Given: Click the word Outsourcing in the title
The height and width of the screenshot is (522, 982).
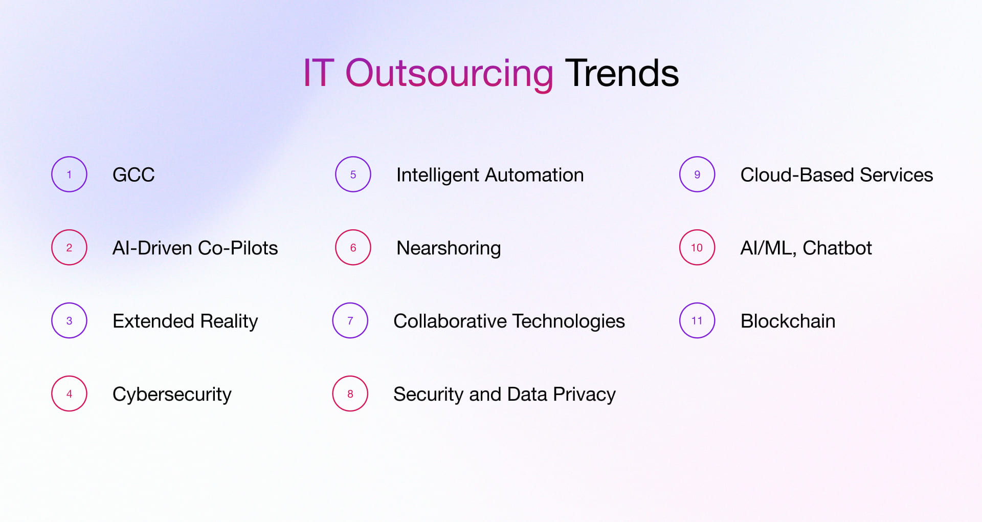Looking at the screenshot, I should [x=449, y=73].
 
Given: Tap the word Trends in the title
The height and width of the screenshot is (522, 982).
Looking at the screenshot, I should [x=621, y=73].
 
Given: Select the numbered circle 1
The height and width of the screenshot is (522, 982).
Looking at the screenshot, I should [x=69, y=175].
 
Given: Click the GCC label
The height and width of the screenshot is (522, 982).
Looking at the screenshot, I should [x=133, y=175].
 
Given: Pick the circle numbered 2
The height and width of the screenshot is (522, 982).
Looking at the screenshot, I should [x=69, y=248].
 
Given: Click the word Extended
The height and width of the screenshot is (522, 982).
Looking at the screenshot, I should [x=153, y=321].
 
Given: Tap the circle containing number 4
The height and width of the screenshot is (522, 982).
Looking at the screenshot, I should [x=69, y=394].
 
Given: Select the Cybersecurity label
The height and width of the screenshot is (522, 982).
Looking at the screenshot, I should [x=172, y=395].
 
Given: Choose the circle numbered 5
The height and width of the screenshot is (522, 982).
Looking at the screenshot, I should [x=353, y=175].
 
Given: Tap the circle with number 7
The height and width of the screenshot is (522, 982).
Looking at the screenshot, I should [x=350, y=321].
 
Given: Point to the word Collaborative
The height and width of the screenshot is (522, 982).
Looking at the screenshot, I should [x=450, y=321].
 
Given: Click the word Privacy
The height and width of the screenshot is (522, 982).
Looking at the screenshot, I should [x=584, y=395].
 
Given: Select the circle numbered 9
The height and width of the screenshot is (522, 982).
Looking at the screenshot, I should [x=697, y=175].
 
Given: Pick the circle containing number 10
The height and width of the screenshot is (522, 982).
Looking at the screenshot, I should [x=697, y=248].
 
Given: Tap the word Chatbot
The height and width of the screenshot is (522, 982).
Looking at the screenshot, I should [x=837, y=248].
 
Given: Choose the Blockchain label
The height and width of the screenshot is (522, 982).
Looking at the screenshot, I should [x=788, y=321].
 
